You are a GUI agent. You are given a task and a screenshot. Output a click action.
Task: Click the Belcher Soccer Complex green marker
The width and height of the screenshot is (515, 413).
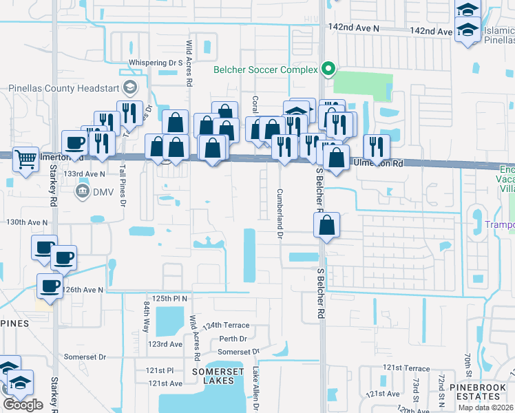pyautogui.click(x=328, y=70)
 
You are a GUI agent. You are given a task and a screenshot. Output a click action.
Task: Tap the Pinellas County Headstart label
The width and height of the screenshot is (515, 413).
pyautogui.click(x=64, y=87)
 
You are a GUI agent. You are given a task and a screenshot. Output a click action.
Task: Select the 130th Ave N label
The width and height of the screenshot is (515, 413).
pyautogui.click(x=27, y=222)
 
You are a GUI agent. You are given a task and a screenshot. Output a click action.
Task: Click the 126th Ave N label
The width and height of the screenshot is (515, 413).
pyautogui.click(x=82, y=290)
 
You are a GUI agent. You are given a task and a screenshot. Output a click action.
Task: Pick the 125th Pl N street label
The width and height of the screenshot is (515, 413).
pyautogui.click(x=170, y=298)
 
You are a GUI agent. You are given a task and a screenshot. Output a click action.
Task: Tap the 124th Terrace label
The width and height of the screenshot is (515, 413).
pyautogui.click(x=226, y=324)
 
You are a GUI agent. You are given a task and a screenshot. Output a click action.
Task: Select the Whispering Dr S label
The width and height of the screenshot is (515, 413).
pyautogui.click(x=155, y=63)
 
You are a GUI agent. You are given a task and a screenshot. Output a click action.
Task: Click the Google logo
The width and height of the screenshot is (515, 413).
pyautogui.click(x=23, y=405)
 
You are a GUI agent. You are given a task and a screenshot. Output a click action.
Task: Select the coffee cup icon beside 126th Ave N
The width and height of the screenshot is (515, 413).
pyautogui.click(x=50, y=286)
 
